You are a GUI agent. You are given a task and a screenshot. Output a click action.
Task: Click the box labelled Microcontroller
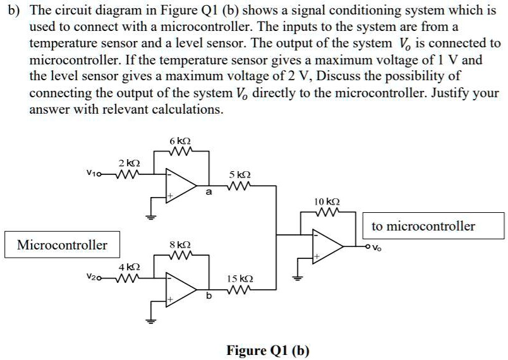point(62,244)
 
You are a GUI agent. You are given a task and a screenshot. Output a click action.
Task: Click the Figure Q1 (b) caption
point(268,351)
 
